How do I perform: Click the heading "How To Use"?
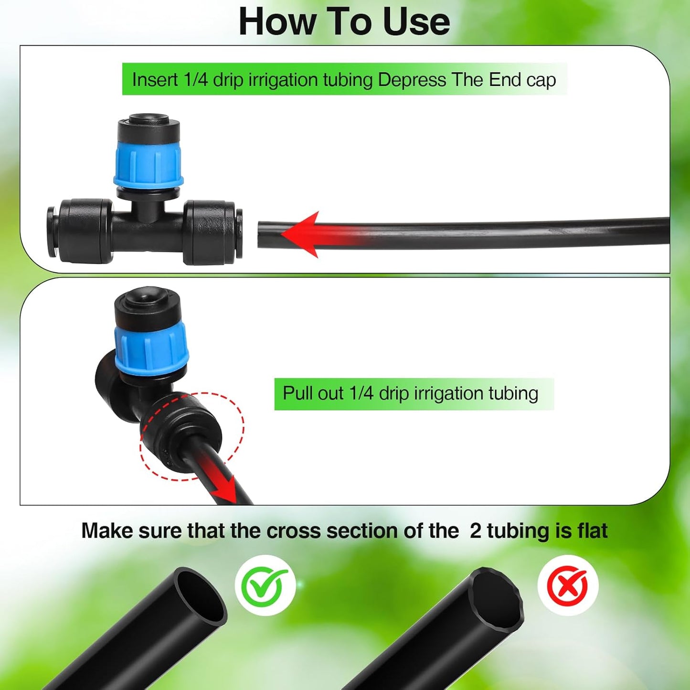point(344,22)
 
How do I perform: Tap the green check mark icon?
point(265,585)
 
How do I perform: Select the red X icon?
point(567,585)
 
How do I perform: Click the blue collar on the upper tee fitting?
point(149,162)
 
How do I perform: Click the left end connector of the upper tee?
point(79,231)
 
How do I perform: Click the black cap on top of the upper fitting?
point(149,126)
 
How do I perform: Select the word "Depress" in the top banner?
point(412,80)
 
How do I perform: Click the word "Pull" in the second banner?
point(297,393)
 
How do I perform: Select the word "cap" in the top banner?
point(541,80)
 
